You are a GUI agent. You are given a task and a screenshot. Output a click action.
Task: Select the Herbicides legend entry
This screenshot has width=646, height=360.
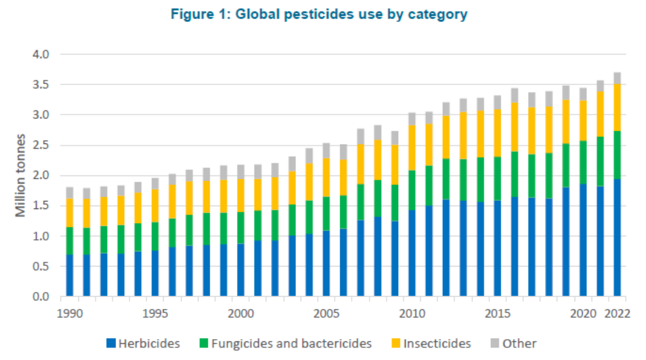(143, 344)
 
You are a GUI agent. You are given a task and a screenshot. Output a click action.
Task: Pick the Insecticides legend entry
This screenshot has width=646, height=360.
(429, 344)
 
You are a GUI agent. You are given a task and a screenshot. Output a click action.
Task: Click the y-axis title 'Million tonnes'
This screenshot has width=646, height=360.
(21, 175)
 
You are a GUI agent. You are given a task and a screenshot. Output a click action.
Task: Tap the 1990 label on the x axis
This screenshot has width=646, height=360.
(70, 314)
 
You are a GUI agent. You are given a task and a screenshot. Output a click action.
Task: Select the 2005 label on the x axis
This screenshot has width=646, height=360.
(326, 314)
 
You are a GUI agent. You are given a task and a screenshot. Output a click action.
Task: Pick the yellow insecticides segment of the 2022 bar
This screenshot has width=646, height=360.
(617, 108)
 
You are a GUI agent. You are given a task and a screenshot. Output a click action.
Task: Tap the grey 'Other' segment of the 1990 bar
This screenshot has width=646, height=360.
(70, 193)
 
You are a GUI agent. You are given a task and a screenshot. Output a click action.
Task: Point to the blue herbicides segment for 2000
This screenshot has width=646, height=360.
(241, 270)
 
